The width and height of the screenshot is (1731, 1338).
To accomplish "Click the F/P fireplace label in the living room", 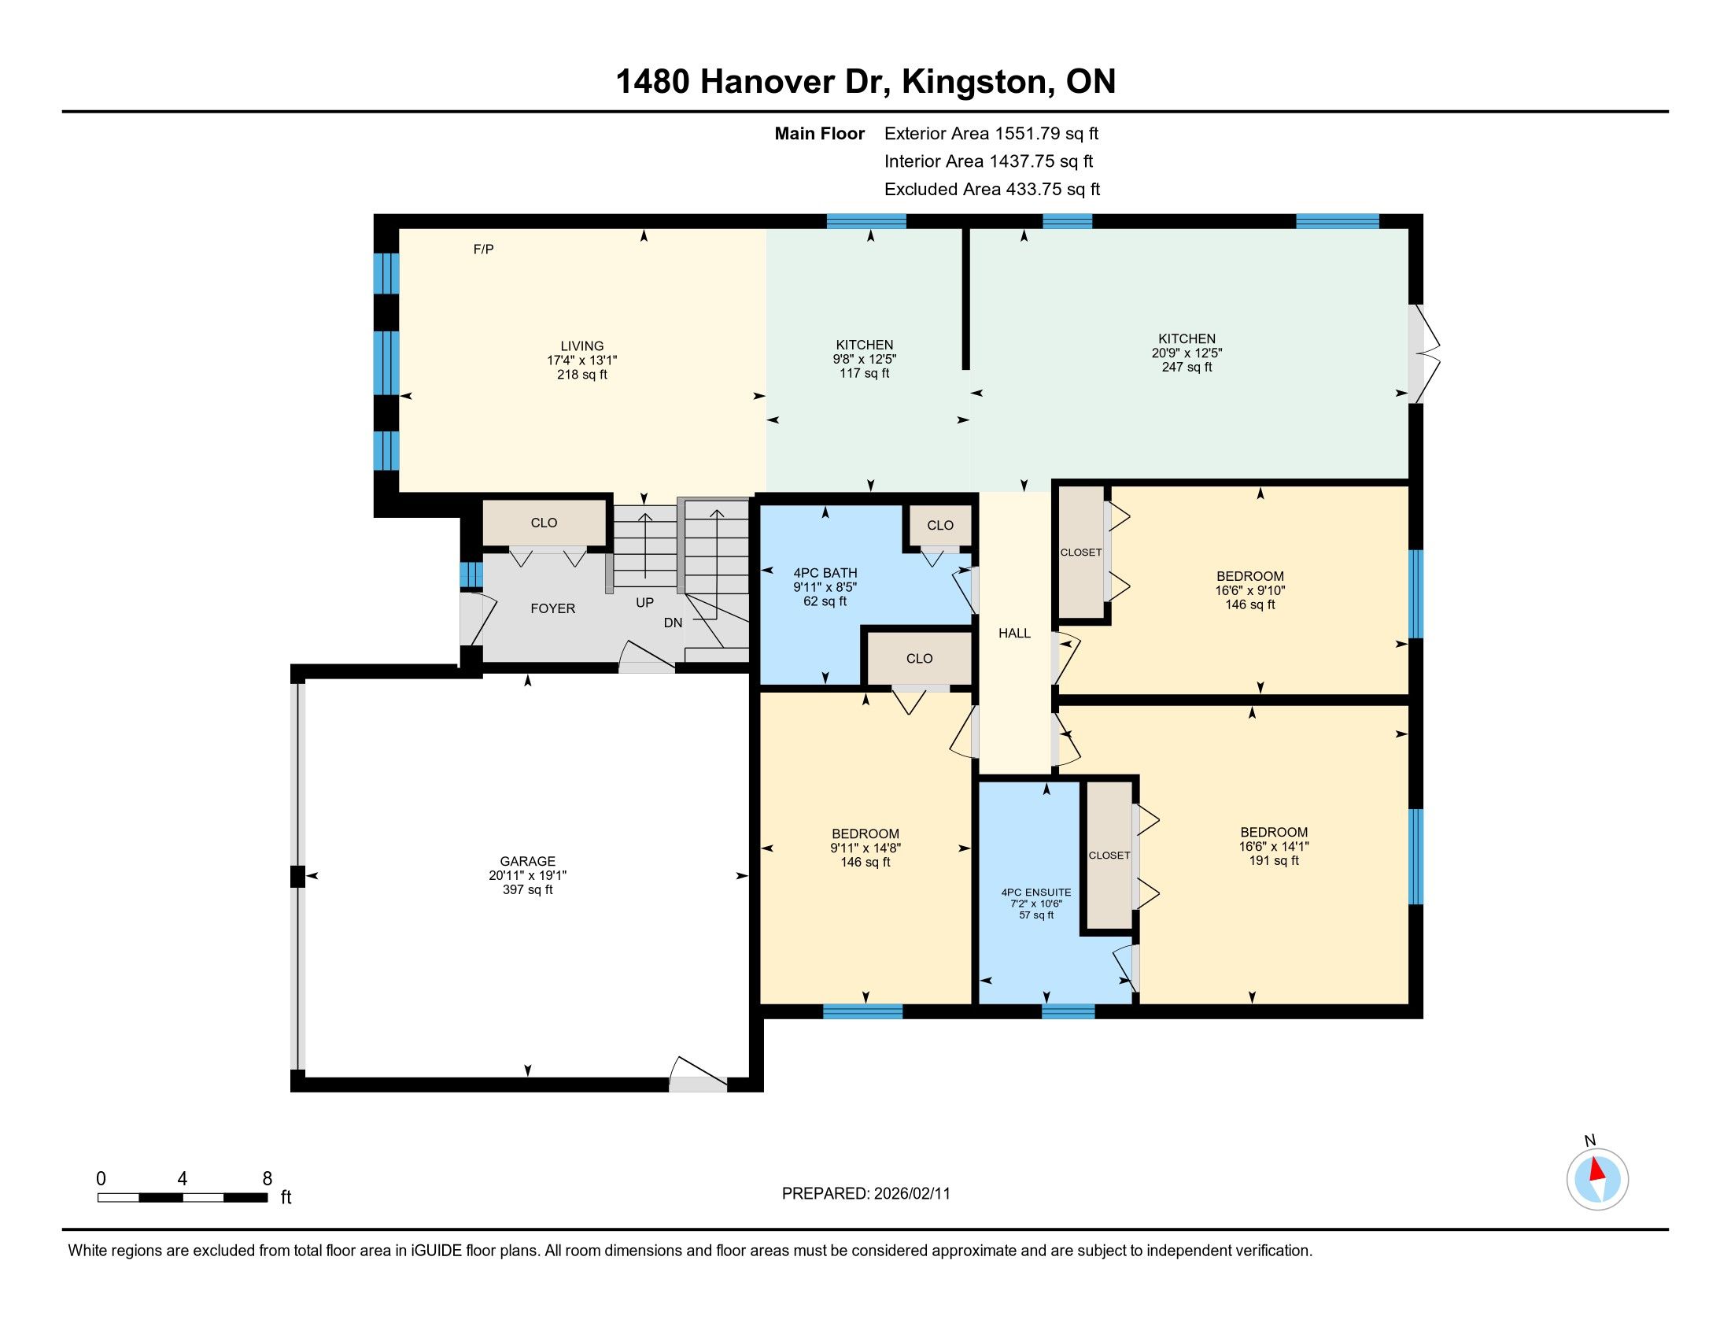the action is (483, 249).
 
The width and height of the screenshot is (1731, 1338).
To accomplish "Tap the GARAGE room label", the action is (528, 861).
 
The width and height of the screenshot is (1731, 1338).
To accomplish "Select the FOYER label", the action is (552, 608).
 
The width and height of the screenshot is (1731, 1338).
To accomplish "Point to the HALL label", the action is (1014, 634).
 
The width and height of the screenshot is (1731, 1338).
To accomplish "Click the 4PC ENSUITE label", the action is (1036, 892).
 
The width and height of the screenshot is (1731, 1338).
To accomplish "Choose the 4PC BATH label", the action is (825, 573).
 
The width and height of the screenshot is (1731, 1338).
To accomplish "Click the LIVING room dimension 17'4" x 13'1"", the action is (581, 360).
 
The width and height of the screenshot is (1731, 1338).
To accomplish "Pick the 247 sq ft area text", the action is (1187, 367).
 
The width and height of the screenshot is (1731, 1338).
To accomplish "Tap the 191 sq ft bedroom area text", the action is (1274, 861).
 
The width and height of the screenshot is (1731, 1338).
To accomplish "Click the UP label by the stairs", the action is (644, 602).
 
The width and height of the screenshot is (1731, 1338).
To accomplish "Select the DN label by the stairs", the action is (673, 623).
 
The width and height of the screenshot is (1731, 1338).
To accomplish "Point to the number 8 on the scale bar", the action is (267, 1178).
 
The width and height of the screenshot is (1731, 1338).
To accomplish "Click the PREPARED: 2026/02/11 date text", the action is (865, 1194).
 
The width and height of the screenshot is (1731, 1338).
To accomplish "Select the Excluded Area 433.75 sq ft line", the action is (992, 190).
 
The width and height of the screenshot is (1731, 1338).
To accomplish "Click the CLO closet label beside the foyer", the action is (544, 523).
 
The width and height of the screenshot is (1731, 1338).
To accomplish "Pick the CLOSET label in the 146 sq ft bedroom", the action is (1080, 553).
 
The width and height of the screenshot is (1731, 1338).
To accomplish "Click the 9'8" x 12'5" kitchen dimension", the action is (865, 359).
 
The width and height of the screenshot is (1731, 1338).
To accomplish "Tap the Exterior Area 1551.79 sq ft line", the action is (991, 134).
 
